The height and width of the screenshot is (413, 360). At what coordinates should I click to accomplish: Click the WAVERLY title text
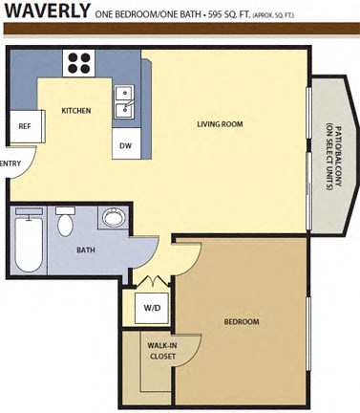[x=46, y=12]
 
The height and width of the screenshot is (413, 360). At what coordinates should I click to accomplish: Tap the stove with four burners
[x=78, y=63]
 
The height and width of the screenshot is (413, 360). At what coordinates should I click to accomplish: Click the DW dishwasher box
[x=125, y=145]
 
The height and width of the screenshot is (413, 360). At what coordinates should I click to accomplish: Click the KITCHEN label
[x=76, y=111]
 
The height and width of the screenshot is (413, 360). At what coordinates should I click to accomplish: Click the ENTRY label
[x=11, y=163]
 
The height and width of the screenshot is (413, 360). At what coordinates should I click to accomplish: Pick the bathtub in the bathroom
[x=28, y=244]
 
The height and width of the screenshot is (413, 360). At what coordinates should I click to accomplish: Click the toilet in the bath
[x=65, y=223]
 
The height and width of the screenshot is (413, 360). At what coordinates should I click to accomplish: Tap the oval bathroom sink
[x=113, y=218]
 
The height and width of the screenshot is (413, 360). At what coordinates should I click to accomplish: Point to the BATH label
[x=86, y=250]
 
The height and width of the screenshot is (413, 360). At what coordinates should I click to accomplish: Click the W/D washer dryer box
[x=152, y=309]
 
